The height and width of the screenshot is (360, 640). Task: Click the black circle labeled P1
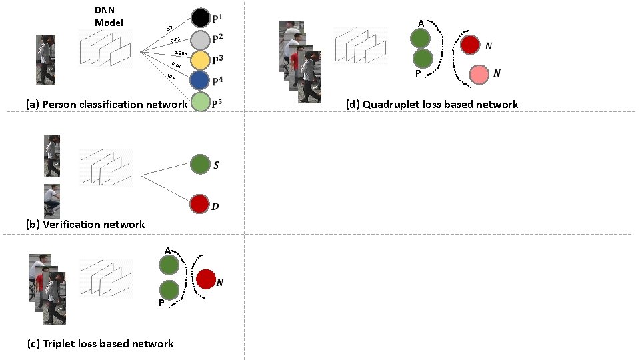pos(201,17)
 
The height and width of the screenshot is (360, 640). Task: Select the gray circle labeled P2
pos(201,39)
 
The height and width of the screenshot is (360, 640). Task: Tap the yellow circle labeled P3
pos(201,60)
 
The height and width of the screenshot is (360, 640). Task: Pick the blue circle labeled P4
pos(201,81)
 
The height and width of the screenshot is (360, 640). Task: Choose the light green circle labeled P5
pos(201,102)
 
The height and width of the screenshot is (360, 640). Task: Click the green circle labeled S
pos(200,164)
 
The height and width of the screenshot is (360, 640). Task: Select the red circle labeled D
pos(200,204)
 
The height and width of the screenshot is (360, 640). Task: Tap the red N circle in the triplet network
pos(205,279)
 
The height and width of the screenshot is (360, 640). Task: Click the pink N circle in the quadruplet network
pos(478,75)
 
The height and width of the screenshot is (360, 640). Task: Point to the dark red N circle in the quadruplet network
pos(470,45)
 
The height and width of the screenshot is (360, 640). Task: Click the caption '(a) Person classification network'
pos(106,105)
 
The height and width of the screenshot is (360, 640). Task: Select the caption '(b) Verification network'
pos(85,225)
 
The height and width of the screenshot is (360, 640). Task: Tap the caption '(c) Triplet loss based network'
pos(100,344)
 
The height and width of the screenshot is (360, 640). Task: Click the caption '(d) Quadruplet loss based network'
pos(432,105)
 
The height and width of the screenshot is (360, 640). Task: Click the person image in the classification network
pos(45,61)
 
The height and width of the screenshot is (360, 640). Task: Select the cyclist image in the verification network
pos(52,201)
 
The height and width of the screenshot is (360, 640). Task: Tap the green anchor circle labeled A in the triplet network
pos(169,265)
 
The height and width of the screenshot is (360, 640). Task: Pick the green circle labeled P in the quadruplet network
pos(420,59)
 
